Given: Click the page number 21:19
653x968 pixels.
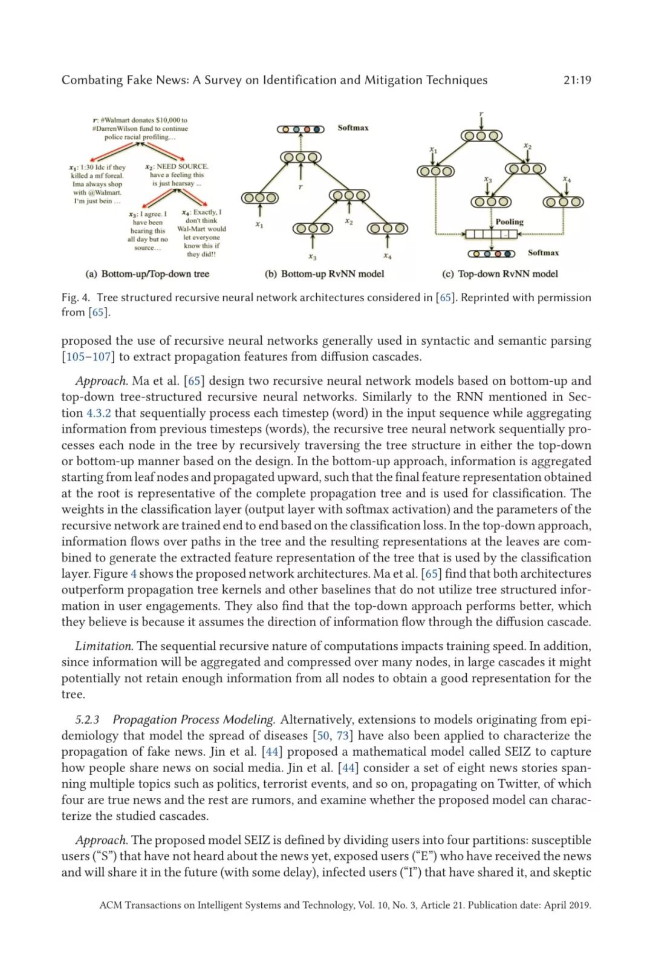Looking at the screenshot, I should point(577,80).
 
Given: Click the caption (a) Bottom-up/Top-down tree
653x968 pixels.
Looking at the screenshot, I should point(148,274).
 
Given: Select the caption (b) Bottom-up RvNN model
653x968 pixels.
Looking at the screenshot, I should point(324,274).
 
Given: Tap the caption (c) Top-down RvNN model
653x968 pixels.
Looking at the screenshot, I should point(500,274).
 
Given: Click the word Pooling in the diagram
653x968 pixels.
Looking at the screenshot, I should point(509,222).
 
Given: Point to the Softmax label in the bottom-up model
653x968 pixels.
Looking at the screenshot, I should point(352,128).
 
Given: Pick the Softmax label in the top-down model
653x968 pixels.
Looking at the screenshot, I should point(543,253).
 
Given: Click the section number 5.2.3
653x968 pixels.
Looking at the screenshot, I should point(87,720).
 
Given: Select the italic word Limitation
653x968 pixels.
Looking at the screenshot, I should point(103,646).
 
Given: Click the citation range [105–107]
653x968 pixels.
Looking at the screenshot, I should point(88,357).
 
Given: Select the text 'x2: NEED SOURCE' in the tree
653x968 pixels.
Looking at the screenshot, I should point(177,166).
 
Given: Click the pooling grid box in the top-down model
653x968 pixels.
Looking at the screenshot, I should point(491,234).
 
